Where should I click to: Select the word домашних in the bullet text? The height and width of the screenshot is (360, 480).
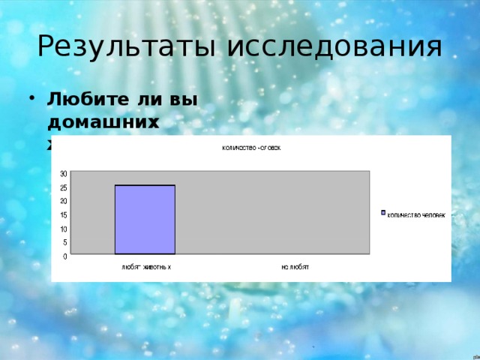point(103,120)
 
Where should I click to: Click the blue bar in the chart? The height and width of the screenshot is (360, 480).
point(145,219)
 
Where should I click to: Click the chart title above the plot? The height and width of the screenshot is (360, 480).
point(251,147)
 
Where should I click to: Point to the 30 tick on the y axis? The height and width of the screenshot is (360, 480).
point(64,173)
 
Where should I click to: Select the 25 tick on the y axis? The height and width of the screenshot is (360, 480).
point(64,187)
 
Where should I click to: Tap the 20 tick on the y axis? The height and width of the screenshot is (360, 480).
point(64,201)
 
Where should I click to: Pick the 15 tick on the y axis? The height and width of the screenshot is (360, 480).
point(64,214)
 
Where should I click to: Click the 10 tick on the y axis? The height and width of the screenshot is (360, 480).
point(64,229)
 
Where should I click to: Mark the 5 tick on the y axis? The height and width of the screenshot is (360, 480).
point(65,242)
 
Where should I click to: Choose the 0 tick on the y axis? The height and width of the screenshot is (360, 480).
point(65,256)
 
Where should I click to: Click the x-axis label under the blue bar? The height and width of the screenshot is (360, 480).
point(147,267)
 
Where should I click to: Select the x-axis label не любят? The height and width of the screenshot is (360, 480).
point(295,267)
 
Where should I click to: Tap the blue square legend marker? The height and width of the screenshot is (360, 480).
point(382,213)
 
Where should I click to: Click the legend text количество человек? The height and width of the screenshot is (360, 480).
point(416,214)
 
